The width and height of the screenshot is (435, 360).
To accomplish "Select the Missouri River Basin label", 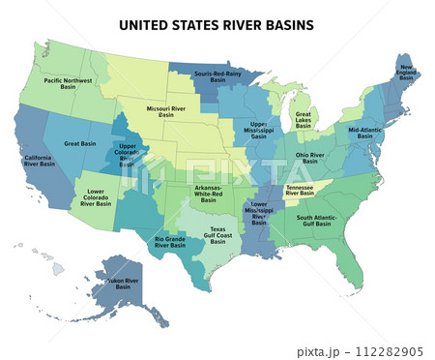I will tap(166, 111).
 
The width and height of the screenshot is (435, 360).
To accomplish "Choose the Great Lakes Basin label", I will tap(304, 119).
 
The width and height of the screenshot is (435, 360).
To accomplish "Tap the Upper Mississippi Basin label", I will tap(264, 132).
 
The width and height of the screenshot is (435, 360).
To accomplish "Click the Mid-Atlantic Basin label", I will tap(365, 132).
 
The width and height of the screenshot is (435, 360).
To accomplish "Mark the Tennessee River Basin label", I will tap(300, 191).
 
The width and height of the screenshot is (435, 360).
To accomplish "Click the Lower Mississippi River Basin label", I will tap(258, 214).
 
